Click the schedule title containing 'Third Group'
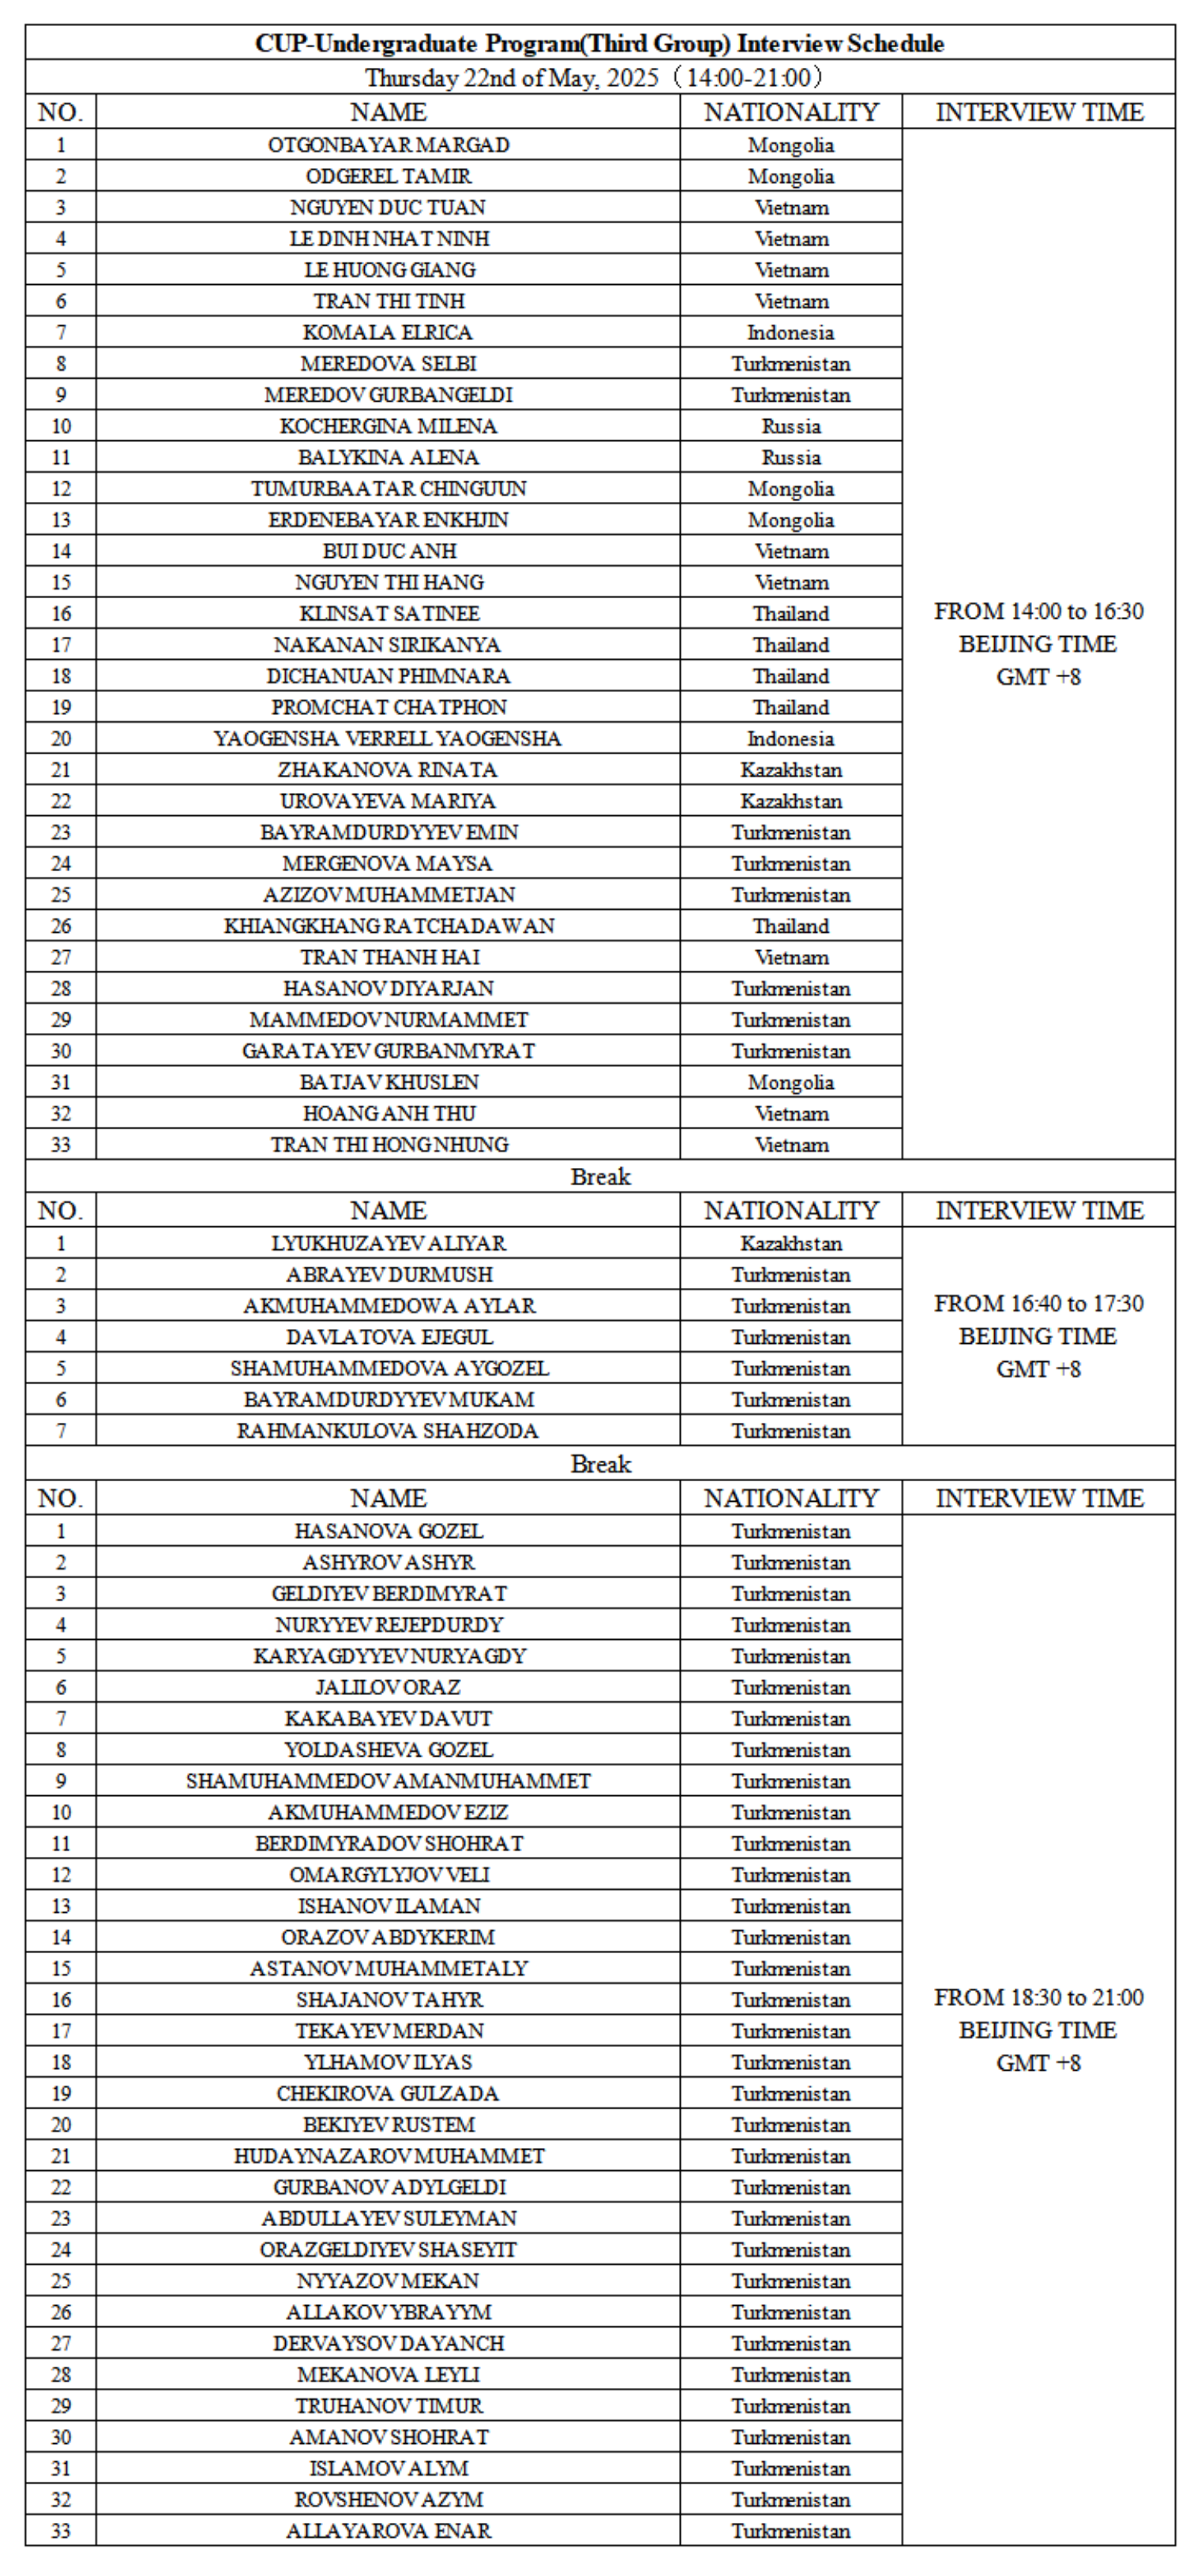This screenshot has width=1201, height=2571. (x=599, y=44)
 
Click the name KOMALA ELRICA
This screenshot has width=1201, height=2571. (x=388, y=332)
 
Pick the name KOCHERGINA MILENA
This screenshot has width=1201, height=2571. (x=388, y=426)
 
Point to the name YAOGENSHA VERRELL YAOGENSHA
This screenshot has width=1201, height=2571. (x=388, y=739)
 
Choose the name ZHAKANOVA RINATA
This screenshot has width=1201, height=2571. (x=388, y=769)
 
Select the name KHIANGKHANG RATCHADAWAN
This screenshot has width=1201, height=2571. (x=388, y=926)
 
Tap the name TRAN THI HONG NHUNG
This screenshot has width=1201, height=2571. (x=388, y=1145)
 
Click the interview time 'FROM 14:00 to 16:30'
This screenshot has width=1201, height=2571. (x=1038, y=612)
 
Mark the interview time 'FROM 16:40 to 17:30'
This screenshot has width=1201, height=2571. (x=1038, y=1304)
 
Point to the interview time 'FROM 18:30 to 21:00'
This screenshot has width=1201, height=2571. (x=1038, y=1997)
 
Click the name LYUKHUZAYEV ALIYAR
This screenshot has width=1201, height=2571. (x=388, y=1244)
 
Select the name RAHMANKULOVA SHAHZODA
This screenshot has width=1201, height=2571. (x=388, y=1431)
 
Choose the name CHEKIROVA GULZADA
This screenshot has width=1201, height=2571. (x=388, y=2093)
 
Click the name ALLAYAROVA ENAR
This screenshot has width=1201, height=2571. (x=388, y=2530)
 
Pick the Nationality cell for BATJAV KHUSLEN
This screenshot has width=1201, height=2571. (x=790, y=1083)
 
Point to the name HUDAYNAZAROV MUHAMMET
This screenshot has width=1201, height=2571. (x=388, y=2156)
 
